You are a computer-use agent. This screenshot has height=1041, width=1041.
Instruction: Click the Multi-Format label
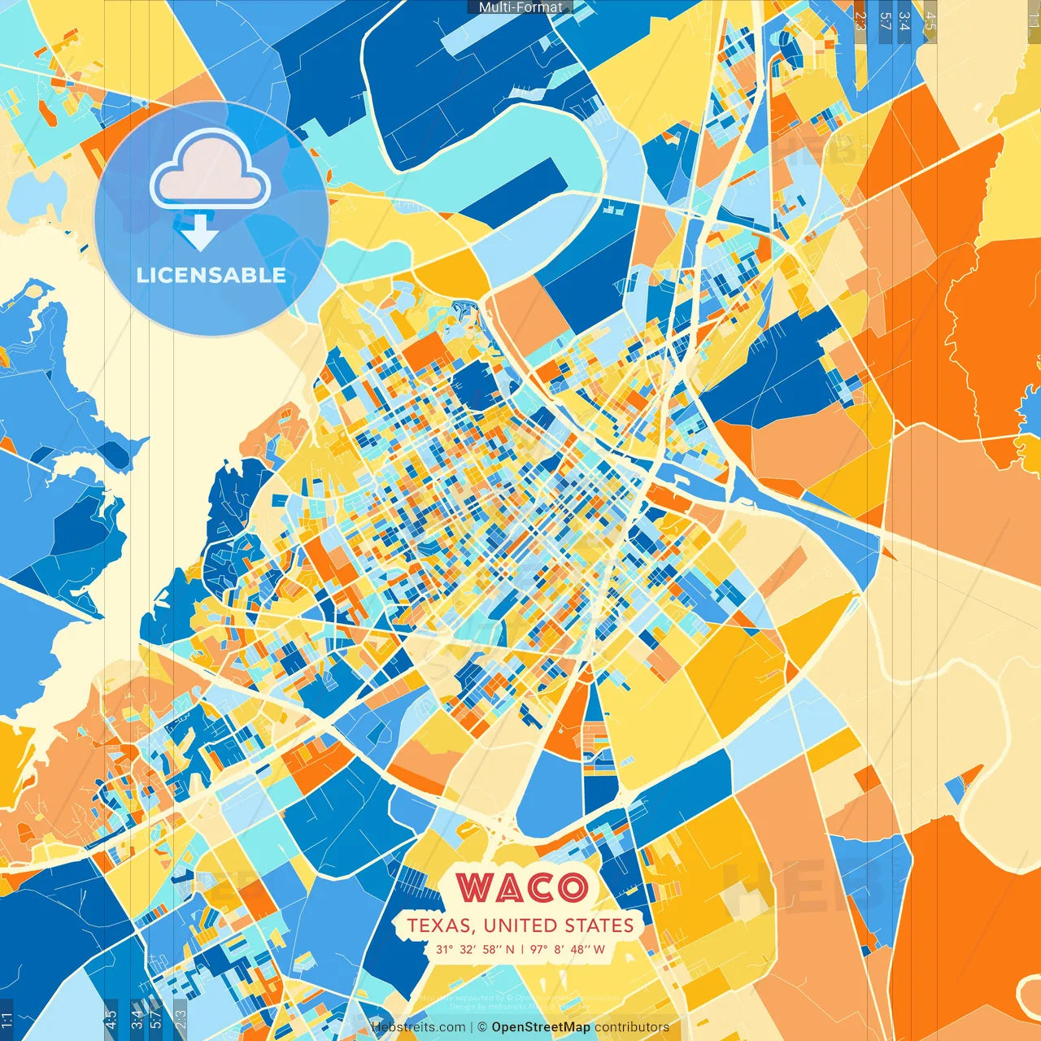click(x=520, y=7)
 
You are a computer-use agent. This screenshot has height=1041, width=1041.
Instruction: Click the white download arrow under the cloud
click(x=199, y=233)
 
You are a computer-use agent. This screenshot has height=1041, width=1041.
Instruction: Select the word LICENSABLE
click(x=211, y=275)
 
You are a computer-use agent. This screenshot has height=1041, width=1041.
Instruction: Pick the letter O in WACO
click(x=573, y=887)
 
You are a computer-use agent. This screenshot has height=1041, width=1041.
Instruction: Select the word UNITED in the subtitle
click(x=517, y=926)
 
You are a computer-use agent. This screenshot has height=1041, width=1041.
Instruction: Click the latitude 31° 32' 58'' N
click(x=475, y=949)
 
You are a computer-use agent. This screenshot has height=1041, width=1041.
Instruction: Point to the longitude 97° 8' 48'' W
click(x=568, y=949)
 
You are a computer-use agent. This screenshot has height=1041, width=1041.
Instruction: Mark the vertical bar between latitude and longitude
click(x=521, y=949)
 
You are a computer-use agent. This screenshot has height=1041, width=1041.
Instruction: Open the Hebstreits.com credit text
click(x=418, y=1027)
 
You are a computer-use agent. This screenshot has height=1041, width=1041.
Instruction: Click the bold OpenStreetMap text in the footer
click(x=541, y=1027)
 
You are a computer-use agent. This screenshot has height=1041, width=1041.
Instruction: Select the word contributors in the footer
click(x=632, y=1027)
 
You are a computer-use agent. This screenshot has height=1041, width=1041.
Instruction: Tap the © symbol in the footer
click(x=482, y=1027)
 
